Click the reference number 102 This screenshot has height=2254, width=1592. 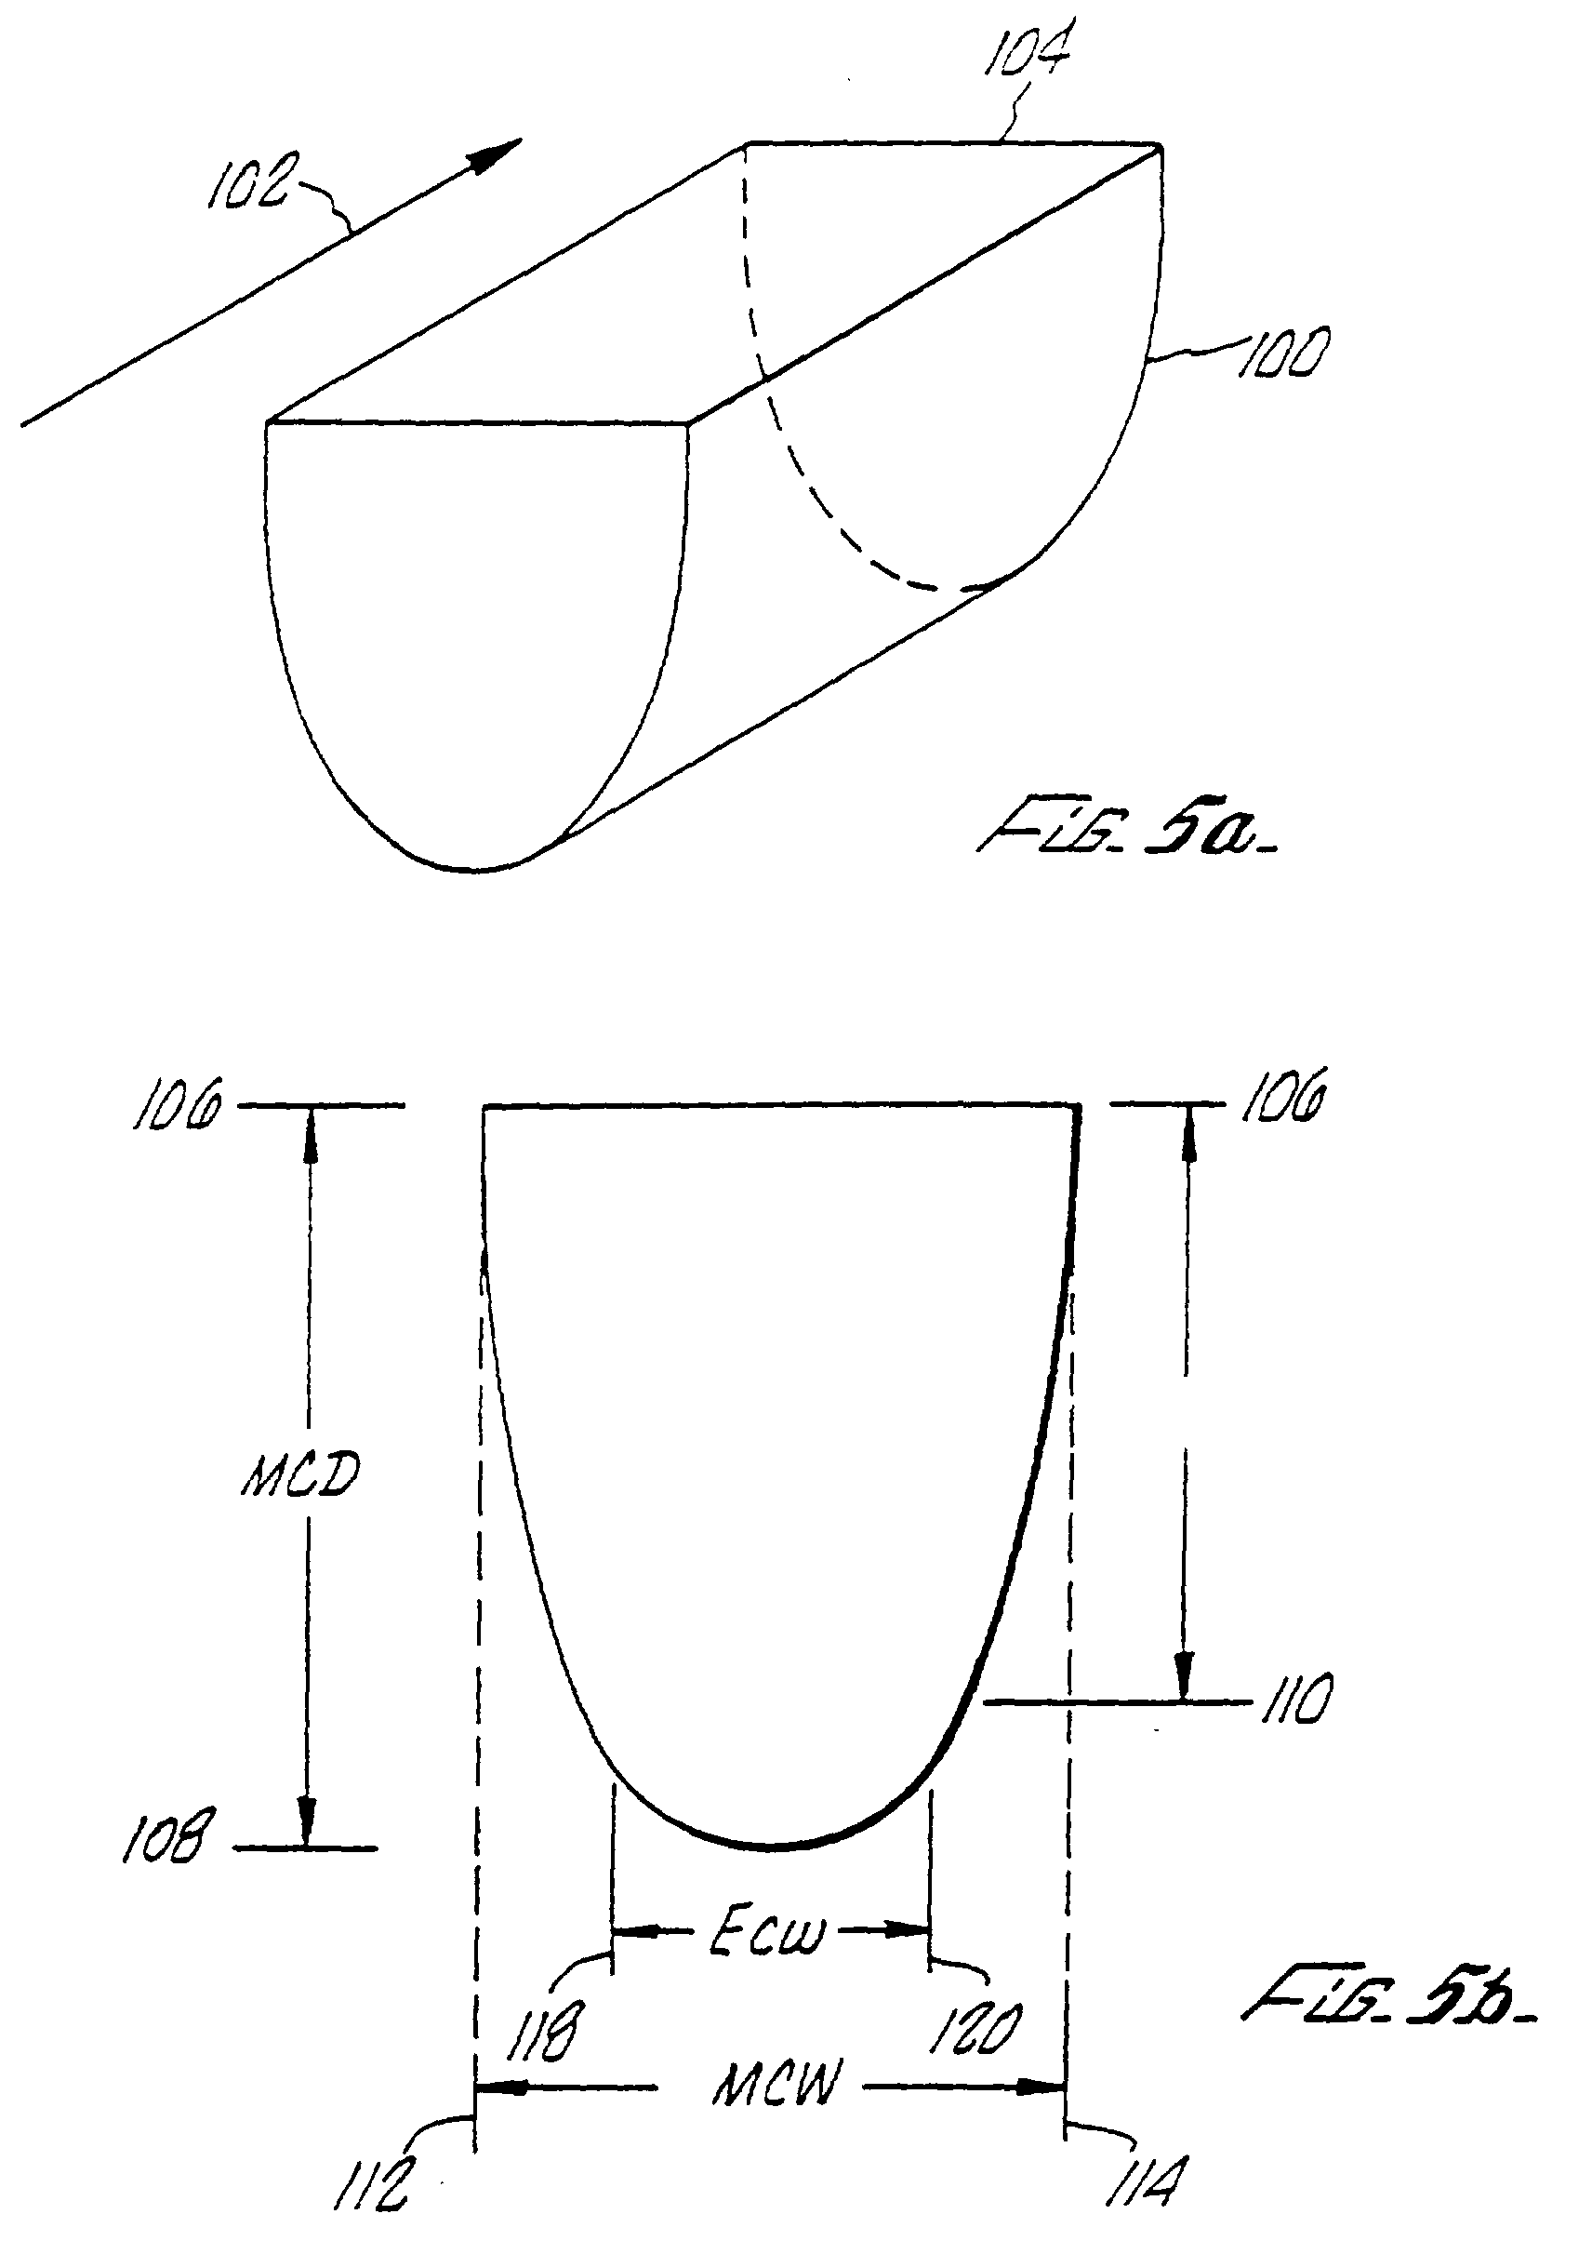248,183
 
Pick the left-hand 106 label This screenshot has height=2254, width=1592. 178,1103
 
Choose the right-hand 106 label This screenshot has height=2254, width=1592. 1284,1097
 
